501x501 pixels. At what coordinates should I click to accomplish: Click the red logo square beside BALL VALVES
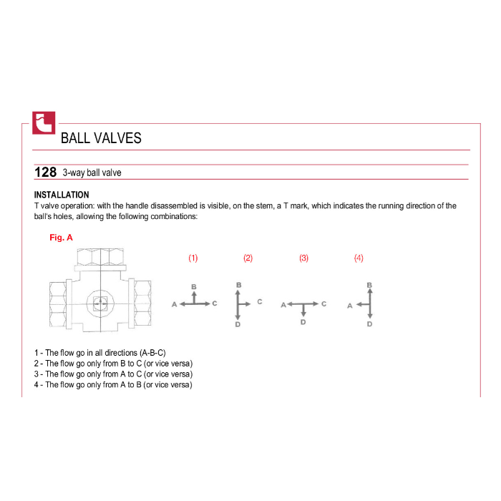44,123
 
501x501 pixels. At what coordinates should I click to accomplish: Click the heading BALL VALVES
101,138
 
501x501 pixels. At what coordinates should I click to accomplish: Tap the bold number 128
45,172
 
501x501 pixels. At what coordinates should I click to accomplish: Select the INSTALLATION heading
62,195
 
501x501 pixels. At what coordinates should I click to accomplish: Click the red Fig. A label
61,238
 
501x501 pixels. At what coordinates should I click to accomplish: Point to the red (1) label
193,258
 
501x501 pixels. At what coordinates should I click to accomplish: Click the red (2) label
248,258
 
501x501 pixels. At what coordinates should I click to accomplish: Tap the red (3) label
304,258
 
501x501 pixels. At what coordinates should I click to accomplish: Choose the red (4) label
359,258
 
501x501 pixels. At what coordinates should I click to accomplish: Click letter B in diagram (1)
194,286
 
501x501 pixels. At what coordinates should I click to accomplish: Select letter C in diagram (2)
259,301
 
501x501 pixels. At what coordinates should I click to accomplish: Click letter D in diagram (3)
303,322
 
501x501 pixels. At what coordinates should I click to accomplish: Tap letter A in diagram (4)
350,306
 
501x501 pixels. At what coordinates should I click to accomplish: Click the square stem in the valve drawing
100,303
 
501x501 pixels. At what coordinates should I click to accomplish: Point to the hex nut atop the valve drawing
101,256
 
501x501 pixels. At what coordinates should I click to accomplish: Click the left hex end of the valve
58,304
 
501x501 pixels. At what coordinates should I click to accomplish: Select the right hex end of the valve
143,304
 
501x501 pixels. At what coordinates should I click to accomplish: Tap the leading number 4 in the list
37,385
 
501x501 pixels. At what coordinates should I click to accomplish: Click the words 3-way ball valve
92,173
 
